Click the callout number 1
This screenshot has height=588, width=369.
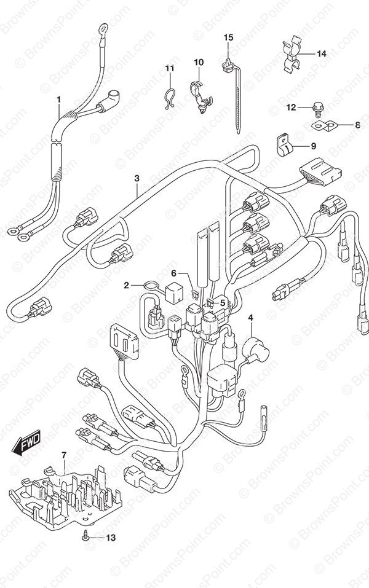point(58,100)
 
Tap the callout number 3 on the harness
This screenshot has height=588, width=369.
point(137,178)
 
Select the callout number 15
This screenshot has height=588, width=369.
point(229,37)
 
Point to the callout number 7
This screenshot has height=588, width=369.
point(64,455)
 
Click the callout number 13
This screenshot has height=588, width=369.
point(111,538)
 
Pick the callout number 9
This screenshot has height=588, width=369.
point(313,146)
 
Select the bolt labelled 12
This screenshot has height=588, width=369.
point(317,109)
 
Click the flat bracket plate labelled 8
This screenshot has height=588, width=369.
point(324,125)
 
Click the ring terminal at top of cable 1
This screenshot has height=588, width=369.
point(102,28)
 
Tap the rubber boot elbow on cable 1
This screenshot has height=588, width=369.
point(109,98)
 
